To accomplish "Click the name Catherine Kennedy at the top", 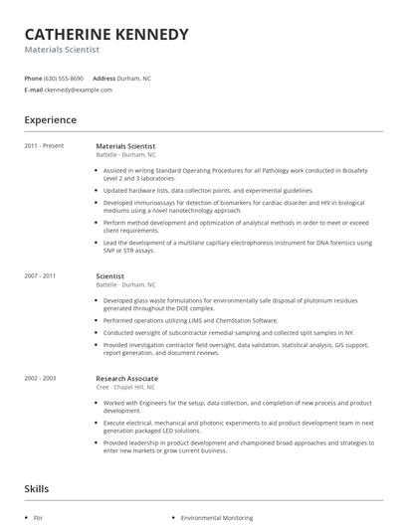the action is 105,35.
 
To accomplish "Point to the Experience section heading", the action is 50,120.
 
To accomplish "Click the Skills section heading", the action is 37,489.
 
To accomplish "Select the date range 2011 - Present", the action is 44,146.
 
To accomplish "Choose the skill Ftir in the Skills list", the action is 38,518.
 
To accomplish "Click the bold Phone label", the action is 33,78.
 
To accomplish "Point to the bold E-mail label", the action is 33,89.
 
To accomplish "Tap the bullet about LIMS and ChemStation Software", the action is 190,321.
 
